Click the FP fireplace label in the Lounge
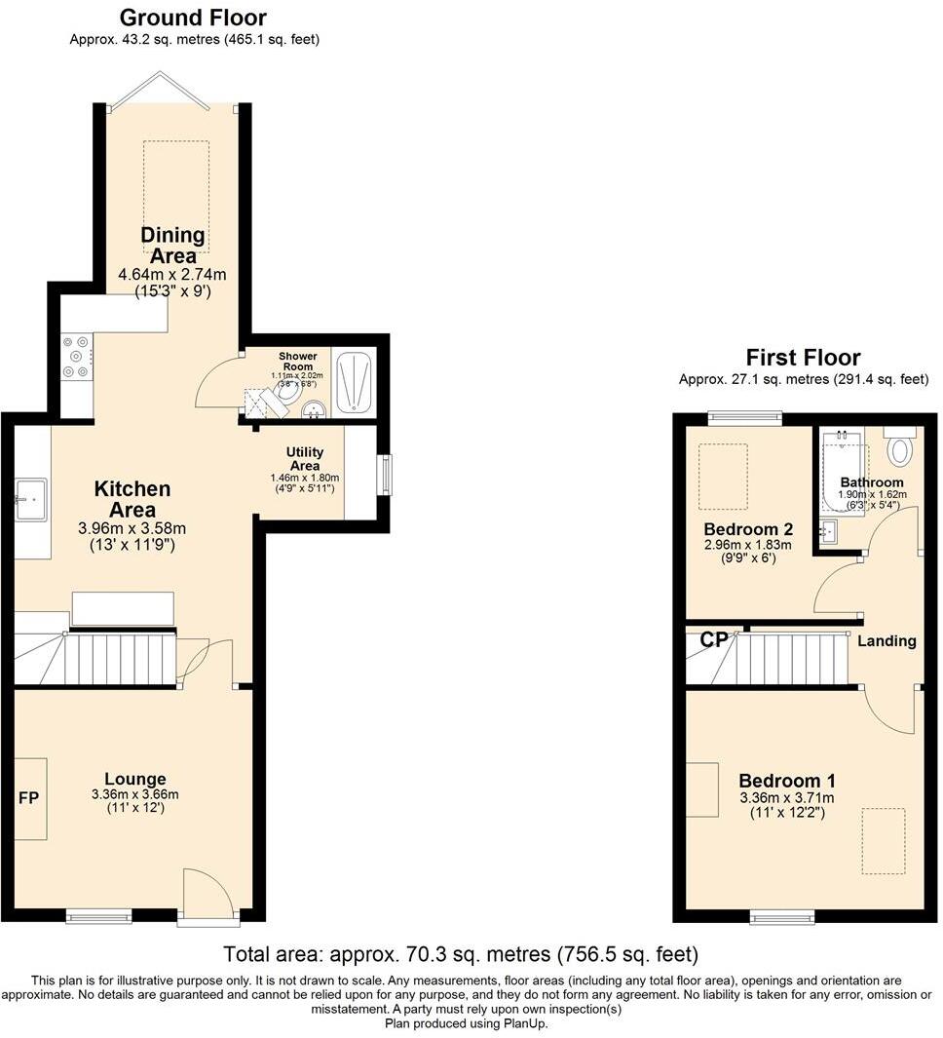click(28, 798)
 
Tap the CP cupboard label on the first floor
click(714, 640)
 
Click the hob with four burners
click(76, 357)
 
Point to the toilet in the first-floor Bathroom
click(899, 449)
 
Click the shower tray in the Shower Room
click(354, 380)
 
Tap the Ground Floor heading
click(193, 18)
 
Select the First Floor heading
click(803, 357)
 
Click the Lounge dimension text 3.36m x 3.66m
click(135, 794)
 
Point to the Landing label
click(886, 641)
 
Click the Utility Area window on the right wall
click(387, 475)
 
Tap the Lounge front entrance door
click(207, 892)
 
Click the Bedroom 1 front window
click(781, 916)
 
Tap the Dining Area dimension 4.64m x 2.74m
click(171, 274)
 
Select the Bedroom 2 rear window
click(745, 419)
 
